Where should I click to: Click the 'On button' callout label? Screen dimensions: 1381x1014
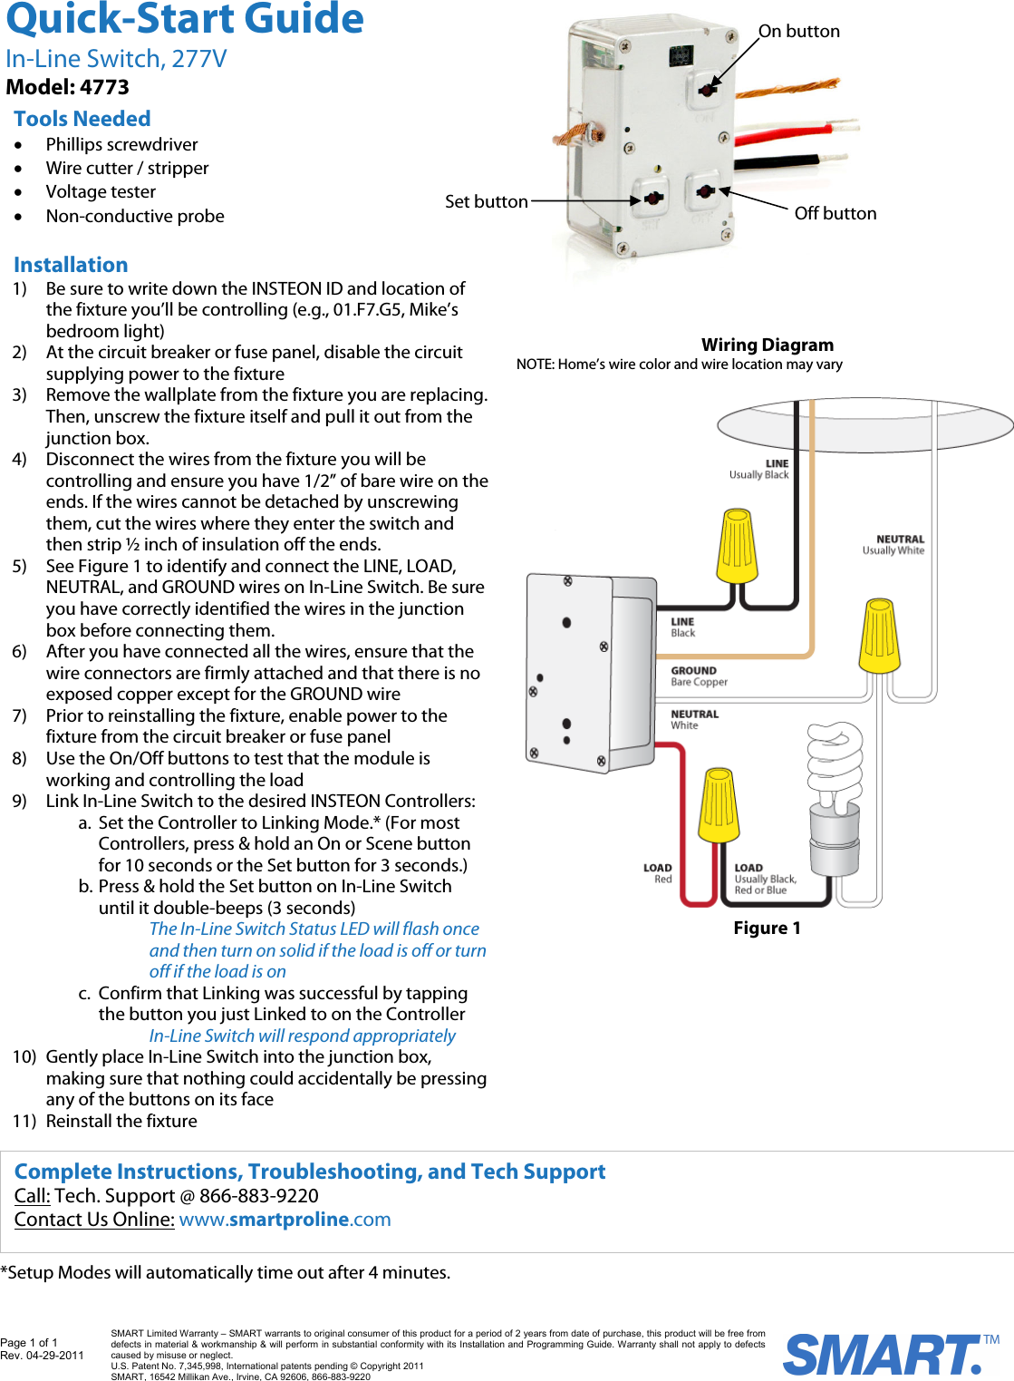tap(798, 32)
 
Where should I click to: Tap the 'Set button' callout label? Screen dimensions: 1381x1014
tap(486, 201)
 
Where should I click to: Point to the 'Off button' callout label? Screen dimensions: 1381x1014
tap(835, 213)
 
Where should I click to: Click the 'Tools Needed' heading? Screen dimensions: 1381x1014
tap(82, 119)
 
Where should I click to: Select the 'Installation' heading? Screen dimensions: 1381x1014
tap(71, 265)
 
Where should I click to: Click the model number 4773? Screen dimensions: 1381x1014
tap(104, 87)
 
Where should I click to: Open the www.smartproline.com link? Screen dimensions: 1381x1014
tap(285, 1220)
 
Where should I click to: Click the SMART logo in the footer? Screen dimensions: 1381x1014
tap(884, 1355)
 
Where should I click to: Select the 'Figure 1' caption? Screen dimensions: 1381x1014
tap(767, 928)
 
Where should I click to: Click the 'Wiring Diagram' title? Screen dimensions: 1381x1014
tap(767, 345)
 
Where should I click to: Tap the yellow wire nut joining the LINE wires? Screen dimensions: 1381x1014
tap(737, 545)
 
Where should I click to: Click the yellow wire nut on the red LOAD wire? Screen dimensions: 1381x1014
tap(718, 804)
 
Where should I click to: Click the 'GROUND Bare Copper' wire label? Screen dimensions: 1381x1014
tap(699, 676)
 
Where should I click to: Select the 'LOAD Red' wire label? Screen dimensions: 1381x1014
tap(658, 873)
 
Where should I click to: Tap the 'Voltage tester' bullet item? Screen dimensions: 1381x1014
tap(101, 192)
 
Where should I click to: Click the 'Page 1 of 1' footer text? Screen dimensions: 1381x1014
tap(29, 1342)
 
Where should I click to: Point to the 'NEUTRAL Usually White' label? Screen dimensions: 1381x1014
tap(893, 544)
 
